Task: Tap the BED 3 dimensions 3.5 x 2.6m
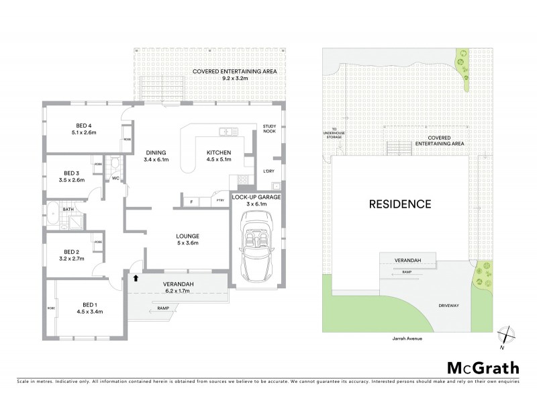click(70, 180)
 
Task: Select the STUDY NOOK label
click(270, 129)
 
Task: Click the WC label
click(115, 178)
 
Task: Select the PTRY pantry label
click(219, 201)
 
